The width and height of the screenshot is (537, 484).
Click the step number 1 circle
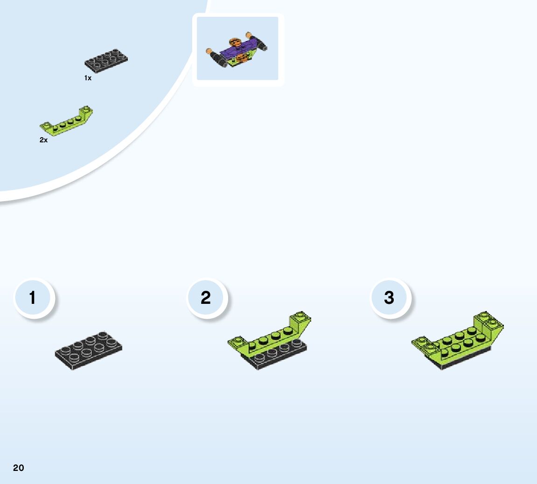coord(33,298)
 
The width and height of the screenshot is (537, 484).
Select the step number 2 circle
coord(206,298)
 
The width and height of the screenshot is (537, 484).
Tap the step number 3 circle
coord(390,298)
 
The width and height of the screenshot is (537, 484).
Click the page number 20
coord(18,468)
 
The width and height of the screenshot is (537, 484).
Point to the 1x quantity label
coord(88,78)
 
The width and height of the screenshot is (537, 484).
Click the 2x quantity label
coord(43,140)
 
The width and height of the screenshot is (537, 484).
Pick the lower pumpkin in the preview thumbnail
coord(242,58)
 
